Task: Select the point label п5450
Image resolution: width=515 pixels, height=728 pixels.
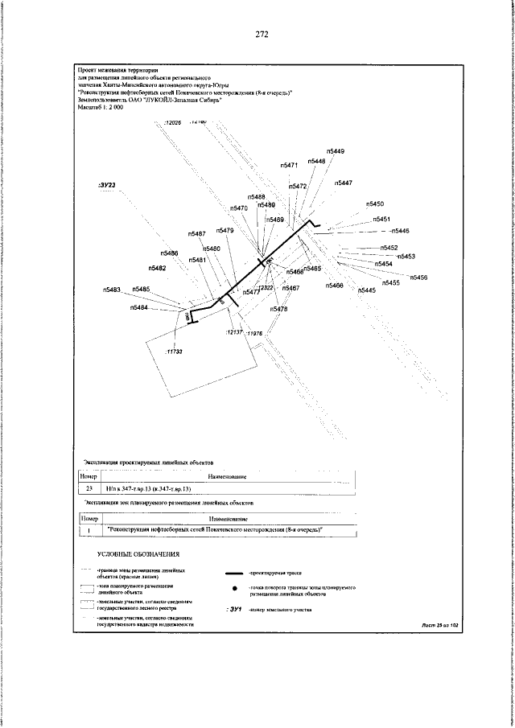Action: coord(374,205)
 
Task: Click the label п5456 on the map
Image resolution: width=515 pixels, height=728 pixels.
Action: coord(418,278)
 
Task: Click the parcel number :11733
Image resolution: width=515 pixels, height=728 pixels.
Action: coord(174,352)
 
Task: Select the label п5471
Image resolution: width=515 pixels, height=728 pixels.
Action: coord(290,165)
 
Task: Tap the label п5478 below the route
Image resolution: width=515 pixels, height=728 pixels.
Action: coord(279,310)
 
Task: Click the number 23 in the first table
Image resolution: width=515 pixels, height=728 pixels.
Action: coord(89,488)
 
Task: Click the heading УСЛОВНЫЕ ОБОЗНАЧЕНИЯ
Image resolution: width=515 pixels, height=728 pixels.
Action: coord(138,555)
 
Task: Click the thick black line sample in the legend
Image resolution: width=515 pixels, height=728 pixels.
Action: coord(235,574)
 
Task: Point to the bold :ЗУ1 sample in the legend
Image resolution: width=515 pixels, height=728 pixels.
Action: coord(235,611)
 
